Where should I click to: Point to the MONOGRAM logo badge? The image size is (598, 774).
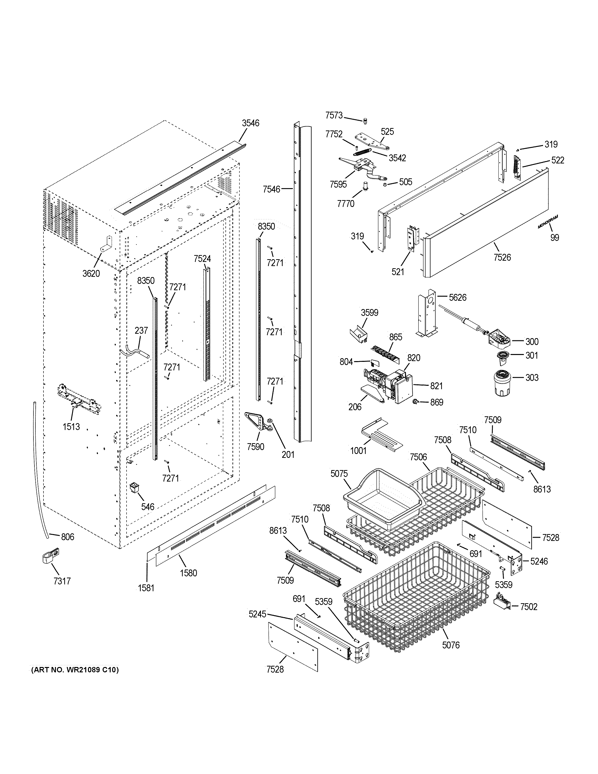(547, 222)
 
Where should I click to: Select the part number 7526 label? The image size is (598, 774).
(502, 257)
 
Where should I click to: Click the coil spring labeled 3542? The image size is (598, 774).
(362, 152)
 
